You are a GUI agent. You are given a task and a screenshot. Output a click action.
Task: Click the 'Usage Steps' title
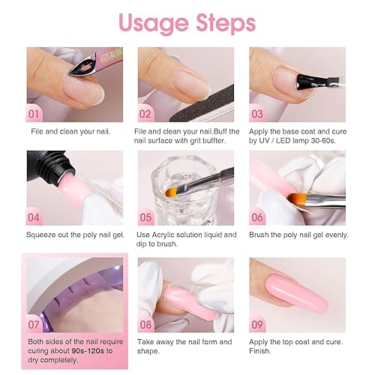click(187, 22)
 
